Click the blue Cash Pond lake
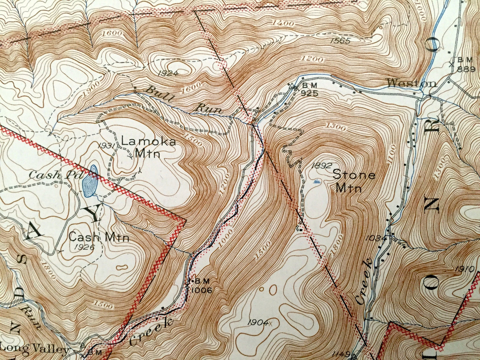click(89, 182)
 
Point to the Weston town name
click(412, 83)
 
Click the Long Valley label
click(35, 349)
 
